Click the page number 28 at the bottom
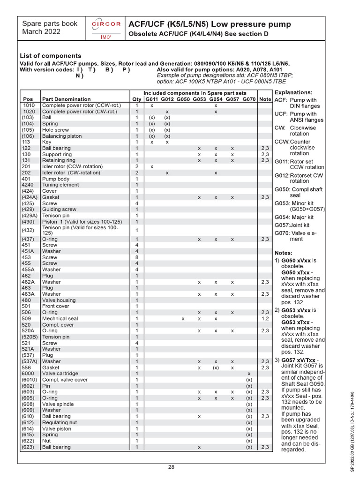point(172,466)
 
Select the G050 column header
point(183,99)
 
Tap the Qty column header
point(136,99)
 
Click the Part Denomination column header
point(67,99)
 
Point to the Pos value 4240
point(29,185)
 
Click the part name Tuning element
point(60,185)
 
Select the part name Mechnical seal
point(60,318)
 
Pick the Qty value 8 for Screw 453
point(136,257)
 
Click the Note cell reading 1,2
point(265,318)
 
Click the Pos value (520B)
point(29,337)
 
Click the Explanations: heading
point(293,92)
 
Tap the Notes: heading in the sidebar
point(283,253)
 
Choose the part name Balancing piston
point(62,136)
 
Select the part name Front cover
point(56,306)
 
